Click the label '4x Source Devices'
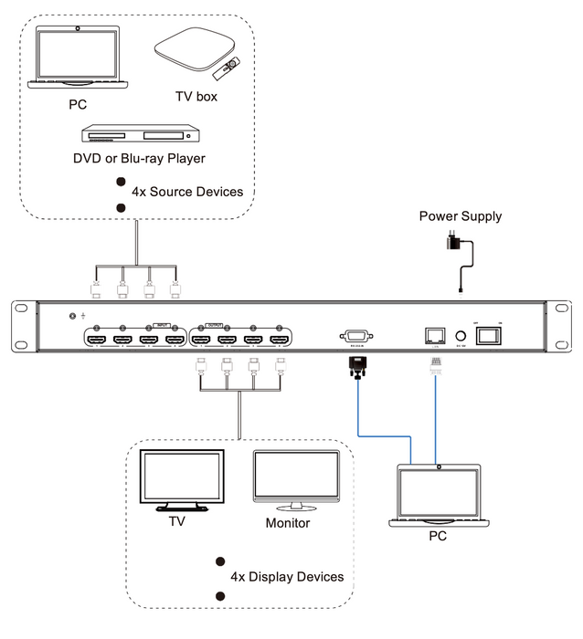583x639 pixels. point(187,192)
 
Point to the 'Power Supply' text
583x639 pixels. point(461,216)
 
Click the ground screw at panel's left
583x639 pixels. point(74,316)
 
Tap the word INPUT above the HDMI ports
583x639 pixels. point(163,324)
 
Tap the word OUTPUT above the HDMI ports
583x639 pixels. point(216,324)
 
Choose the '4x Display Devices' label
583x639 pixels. point(287,577)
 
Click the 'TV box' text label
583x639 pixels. point(196,96)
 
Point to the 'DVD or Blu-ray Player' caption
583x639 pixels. point(139,158)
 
